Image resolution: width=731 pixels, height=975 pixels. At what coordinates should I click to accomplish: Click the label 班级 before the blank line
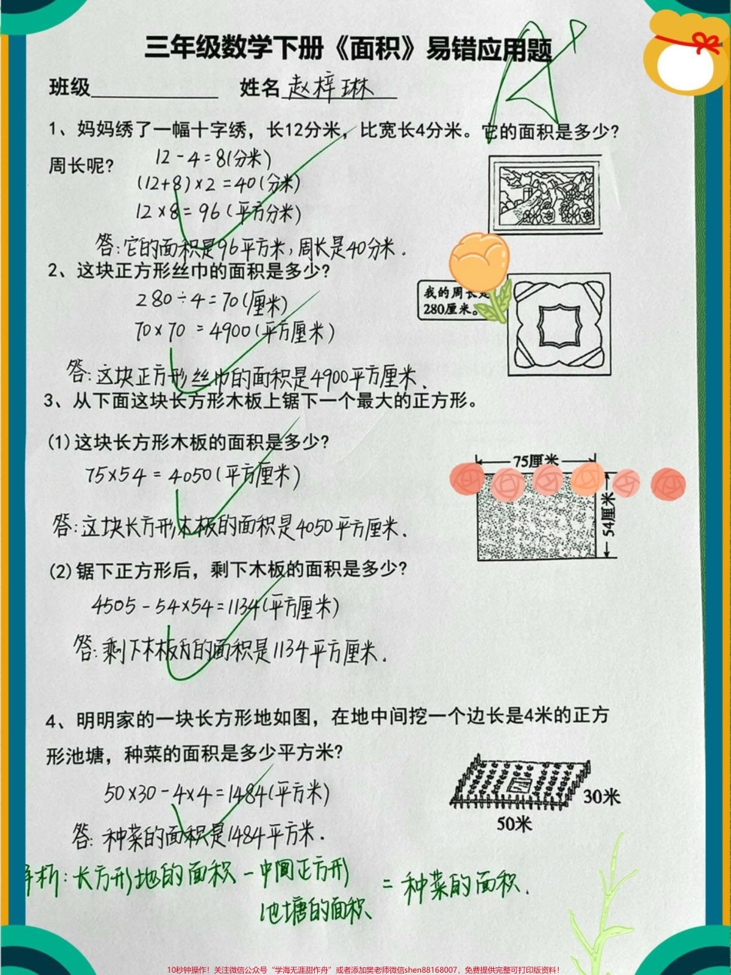pyautogui.click(x=69, y=88)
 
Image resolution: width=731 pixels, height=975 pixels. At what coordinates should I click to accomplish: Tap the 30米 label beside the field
pyautogui.click(x=601, y=797)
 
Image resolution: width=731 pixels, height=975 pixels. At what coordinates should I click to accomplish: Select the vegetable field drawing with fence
pyautogui.click(x=517, y=780)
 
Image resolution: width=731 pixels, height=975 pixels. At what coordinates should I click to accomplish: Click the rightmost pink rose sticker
pyautogui.click(x=668, y=483)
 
